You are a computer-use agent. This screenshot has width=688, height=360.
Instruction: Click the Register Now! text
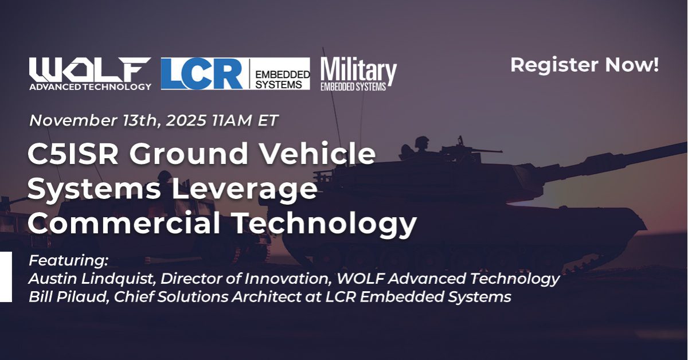(x=584, y=65)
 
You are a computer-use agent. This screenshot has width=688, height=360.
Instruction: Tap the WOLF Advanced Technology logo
(x=91, y=73)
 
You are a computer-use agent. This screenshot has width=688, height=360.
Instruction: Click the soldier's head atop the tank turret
(x=422, y=140)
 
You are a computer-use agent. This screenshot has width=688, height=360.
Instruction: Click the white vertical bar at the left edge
(x=6, y=276)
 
